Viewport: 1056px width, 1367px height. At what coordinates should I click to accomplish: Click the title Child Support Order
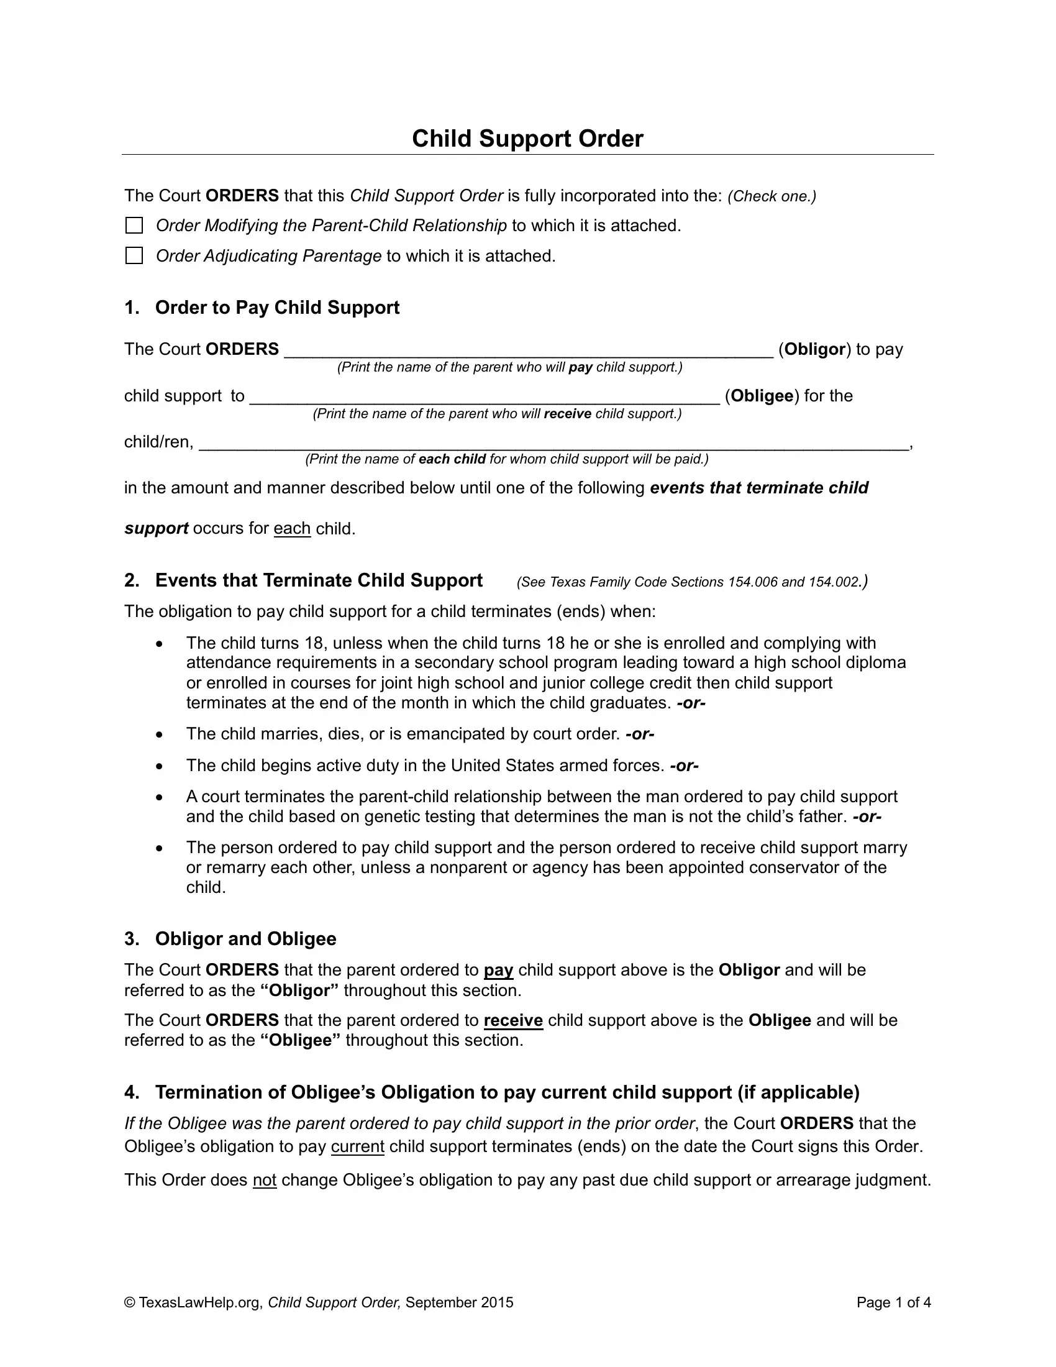pyautogui.click(x=527, y=139)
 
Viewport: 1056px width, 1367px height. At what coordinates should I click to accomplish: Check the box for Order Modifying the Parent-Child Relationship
pyautogui.click(x=135, y=226)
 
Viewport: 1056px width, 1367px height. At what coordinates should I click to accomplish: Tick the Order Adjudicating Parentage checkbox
pyautogui.click(x=135, y=255)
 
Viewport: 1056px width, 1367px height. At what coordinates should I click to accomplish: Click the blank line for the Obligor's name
pyautogui.click(x=529, y=350)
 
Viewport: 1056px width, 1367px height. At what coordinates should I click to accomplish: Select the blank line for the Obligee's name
pyautogui.click(x=485, y=398)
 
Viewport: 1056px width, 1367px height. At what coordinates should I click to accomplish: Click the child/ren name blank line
pyautogui.click(x=553, y=443)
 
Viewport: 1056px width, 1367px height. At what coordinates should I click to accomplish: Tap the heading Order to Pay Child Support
pyautogui.click(x=277, y=308)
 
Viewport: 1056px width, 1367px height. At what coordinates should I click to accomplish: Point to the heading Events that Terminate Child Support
pyautogui.click(x=319, y=580)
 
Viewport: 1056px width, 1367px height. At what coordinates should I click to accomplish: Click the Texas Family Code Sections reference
pyautogui.click(x=692, y=582)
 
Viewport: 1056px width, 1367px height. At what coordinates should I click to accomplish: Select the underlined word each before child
pyautogui.click(x=292, y=529)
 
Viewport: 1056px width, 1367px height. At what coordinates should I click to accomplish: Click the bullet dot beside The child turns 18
pyautogui.click(x=160, y=644)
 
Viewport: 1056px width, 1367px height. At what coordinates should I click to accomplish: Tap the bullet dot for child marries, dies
pyautogui.click(x=160, y=734)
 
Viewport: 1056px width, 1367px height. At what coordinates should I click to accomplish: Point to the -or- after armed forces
pyautogui.click(x=684, y=766)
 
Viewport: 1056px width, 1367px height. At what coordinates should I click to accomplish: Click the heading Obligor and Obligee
pyautogui.click(x=245, y=939)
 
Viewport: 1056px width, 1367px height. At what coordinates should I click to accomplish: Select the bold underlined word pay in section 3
pyautogui.click(x=499, y=970)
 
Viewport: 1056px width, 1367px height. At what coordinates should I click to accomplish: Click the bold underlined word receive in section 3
pyautogui.click(x=513, y=1020)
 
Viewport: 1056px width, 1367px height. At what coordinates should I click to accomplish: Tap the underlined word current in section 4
pyautogui.click(x=357, y=1146)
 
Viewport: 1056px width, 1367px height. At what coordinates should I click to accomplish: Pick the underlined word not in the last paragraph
pyautogui.click(x=265, y=1181)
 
